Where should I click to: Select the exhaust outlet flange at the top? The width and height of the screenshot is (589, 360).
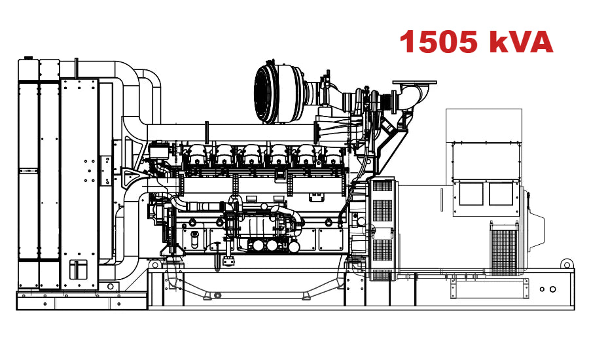click(x=414, y=84)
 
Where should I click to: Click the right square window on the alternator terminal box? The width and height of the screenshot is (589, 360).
click(x=501, y=194)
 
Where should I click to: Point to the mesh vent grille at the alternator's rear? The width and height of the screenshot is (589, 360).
click(x=504, y=252)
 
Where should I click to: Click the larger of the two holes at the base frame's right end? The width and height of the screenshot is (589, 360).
click(x=553, y=289)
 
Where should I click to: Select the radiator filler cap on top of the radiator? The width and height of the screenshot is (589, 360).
click(x=77, y=63)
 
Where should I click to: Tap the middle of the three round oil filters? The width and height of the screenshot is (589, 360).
click(x=271, y=245)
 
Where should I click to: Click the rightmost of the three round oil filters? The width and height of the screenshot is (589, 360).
click(x=291, y=245)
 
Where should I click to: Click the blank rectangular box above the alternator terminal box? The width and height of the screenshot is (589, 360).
click(x=484, y=124)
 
